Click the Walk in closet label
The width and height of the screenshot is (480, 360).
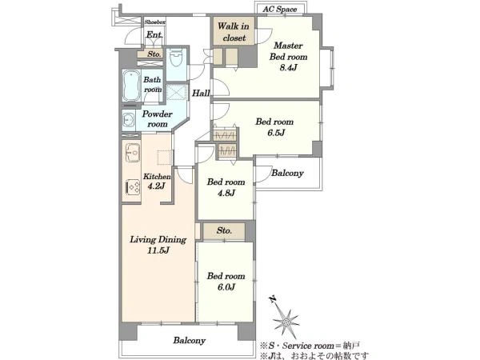pos(234,32)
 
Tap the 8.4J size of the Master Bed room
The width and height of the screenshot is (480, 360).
pos(288,68)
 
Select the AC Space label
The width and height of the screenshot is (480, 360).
pos(279,9)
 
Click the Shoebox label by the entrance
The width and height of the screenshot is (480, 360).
pos(155,22)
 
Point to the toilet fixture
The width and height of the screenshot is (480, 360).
pos(176,57)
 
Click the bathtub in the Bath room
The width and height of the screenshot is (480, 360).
pos(131,86)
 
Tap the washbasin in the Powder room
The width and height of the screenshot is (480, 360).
pos(129,120)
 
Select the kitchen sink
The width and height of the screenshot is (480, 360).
pos(133,152)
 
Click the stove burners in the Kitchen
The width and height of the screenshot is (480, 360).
pos(133,186)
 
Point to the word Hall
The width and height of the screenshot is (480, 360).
pos(201,93)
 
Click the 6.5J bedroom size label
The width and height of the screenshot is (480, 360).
pos(275,133)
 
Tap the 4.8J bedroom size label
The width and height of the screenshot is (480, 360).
pos(226,193)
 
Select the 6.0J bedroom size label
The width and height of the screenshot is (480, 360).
pos(226,287)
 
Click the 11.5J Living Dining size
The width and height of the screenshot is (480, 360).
pos(158,250)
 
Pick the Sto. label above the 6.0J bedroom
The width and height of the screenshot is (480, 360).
pos(224,230)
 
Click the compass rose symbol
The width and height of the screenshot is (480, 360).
pos(286,322)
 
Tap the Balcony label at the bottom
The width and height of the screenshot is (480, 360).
pos(189,341)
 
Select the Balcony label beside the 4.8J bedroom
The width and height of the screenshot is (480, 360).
pos(287,174)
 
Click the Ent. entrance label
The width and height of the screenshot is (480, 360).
pos(154,35)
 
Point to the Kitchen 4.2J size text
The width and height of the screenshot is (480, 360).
pos(157,186)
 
